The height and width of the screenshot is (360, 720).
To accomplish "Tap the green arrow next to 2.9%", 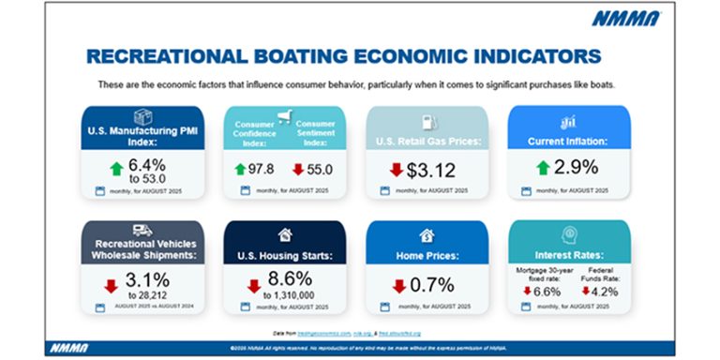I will (x=543, y=169).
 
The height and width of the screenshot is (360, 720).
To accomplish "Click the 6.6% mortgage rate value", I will (x=550, y=291).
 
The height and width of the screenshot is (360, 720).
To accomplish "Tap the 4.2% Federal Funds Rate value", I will (x=600, y=291).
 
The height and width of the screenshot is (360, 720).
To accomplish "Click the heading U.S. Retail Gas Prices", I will (x=427, y=142).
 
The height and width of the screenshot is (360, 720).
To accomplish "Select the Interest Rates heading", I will (x=568, y=253).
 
